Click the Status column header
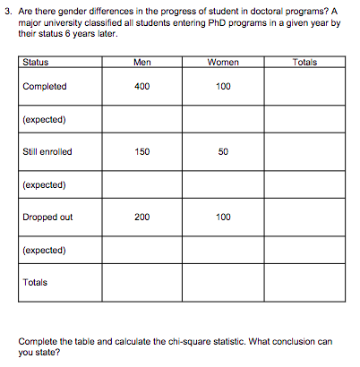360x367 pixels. (36, 63)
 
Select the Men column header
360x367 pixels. (141, 63)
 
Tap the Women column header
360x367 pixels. (223, 63)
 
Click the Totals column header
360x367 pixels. (304, 63)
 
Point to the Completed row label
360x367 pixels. (45, 87)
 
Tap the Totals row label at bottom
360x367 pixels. (35, 283)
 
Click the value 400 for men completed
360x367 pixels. (141, 87)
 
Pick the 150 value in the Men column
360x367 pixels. (141, 152)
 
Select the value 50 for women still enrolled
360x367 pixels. (223, 152)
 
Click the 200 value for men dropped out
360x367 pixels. (141, 218)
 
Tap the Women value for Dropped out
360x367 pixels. (223, 218)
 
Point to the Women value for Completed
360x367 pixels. (223, 87)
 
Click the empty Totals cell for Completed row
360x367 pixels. (304, 87)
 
